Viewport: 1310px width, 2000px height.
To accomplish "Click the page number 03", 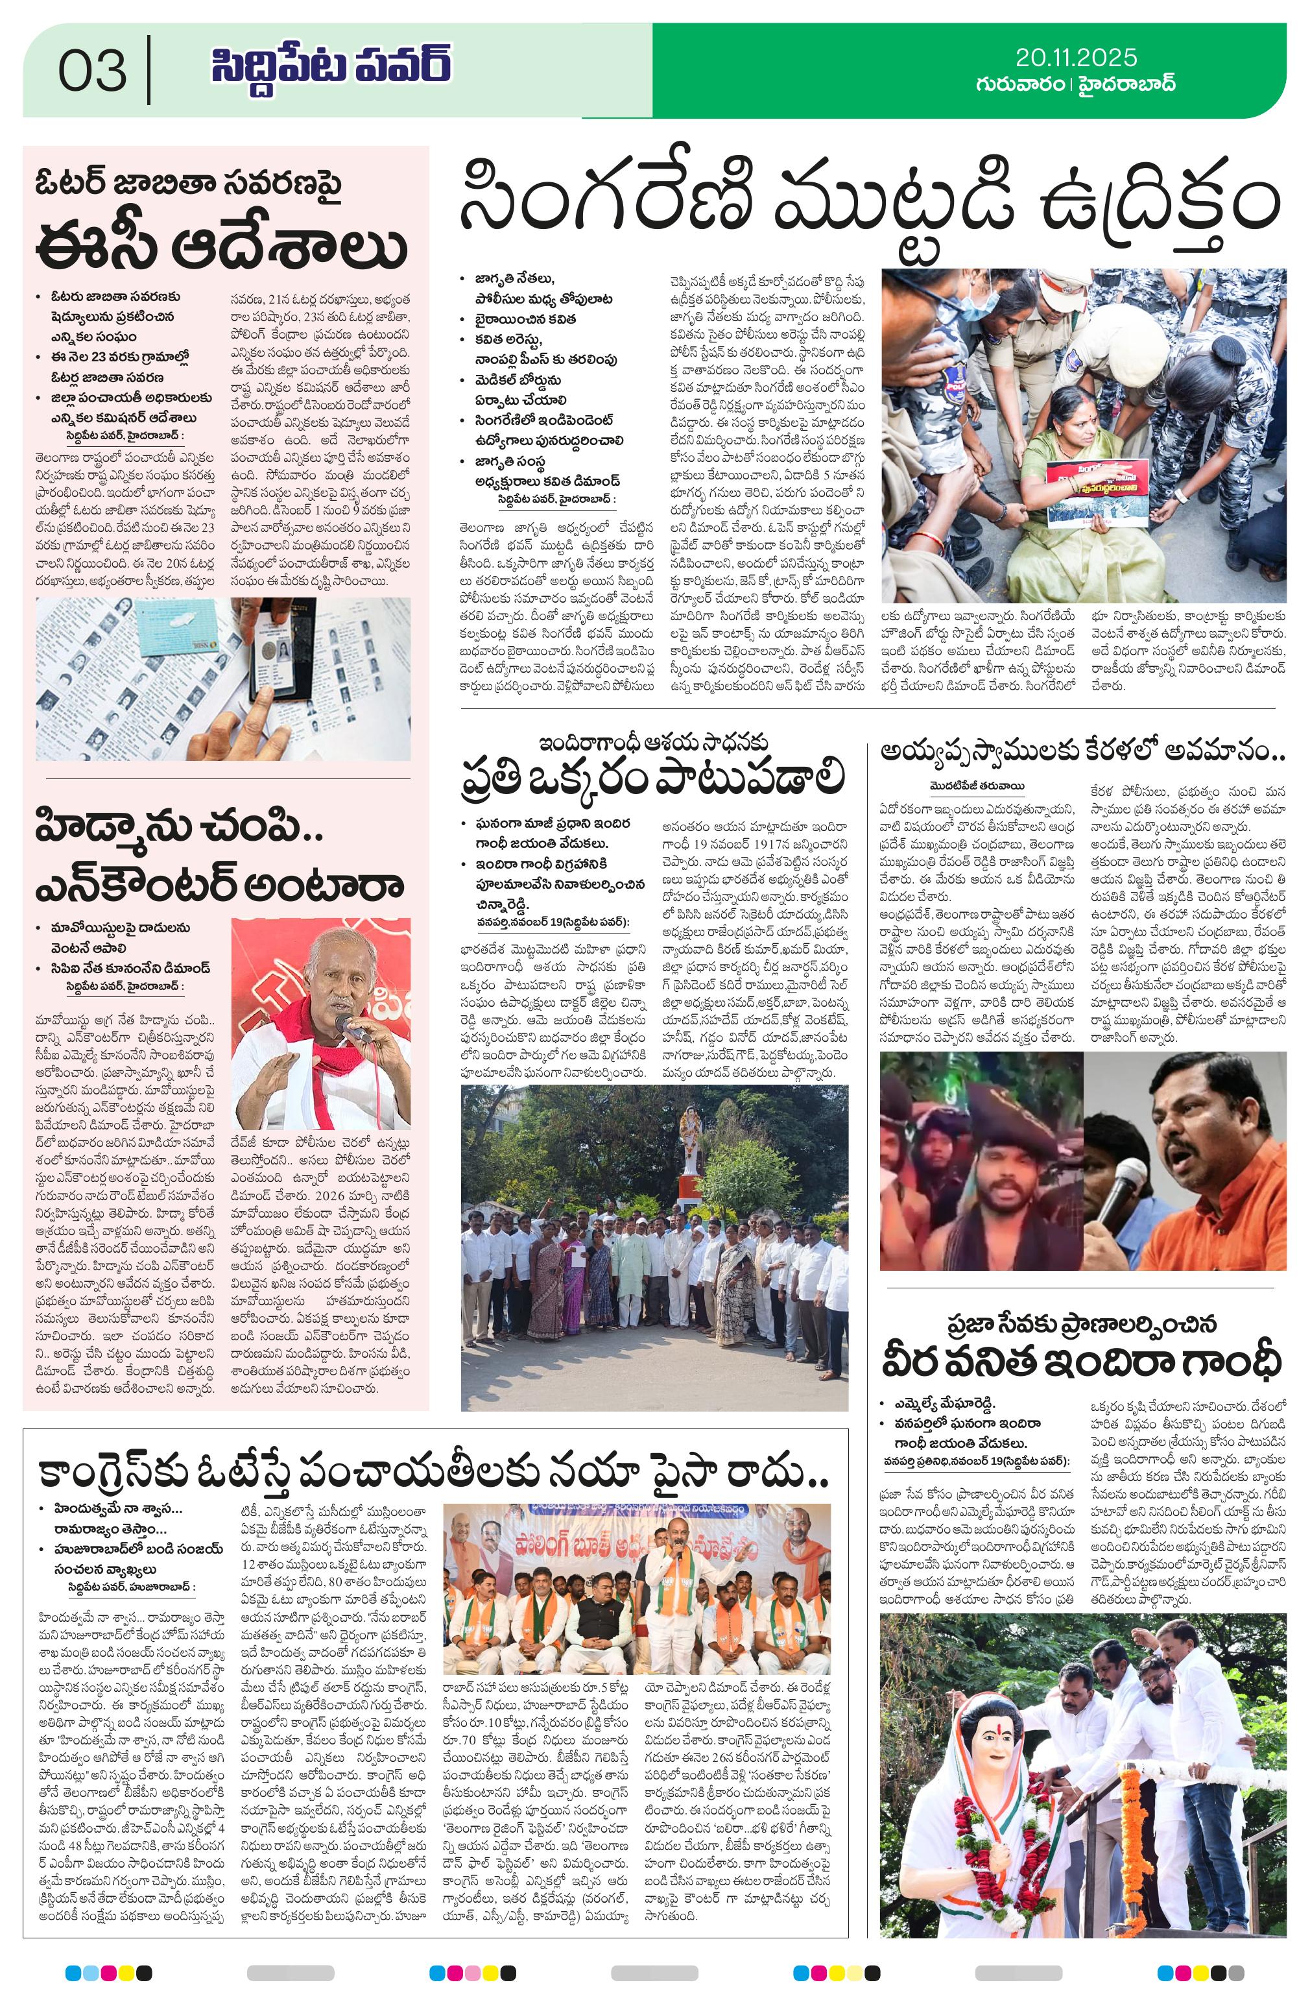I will coord(93,71).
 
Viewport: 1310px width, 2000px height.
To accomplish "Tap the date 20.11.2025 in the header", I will coord(1075,57).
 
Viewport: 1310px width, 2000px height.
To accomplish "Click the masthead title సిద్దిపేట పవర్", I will coord(330,67).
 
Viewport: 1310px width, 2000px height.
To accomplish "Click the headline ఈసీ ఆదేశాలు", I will coord(222,248).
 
